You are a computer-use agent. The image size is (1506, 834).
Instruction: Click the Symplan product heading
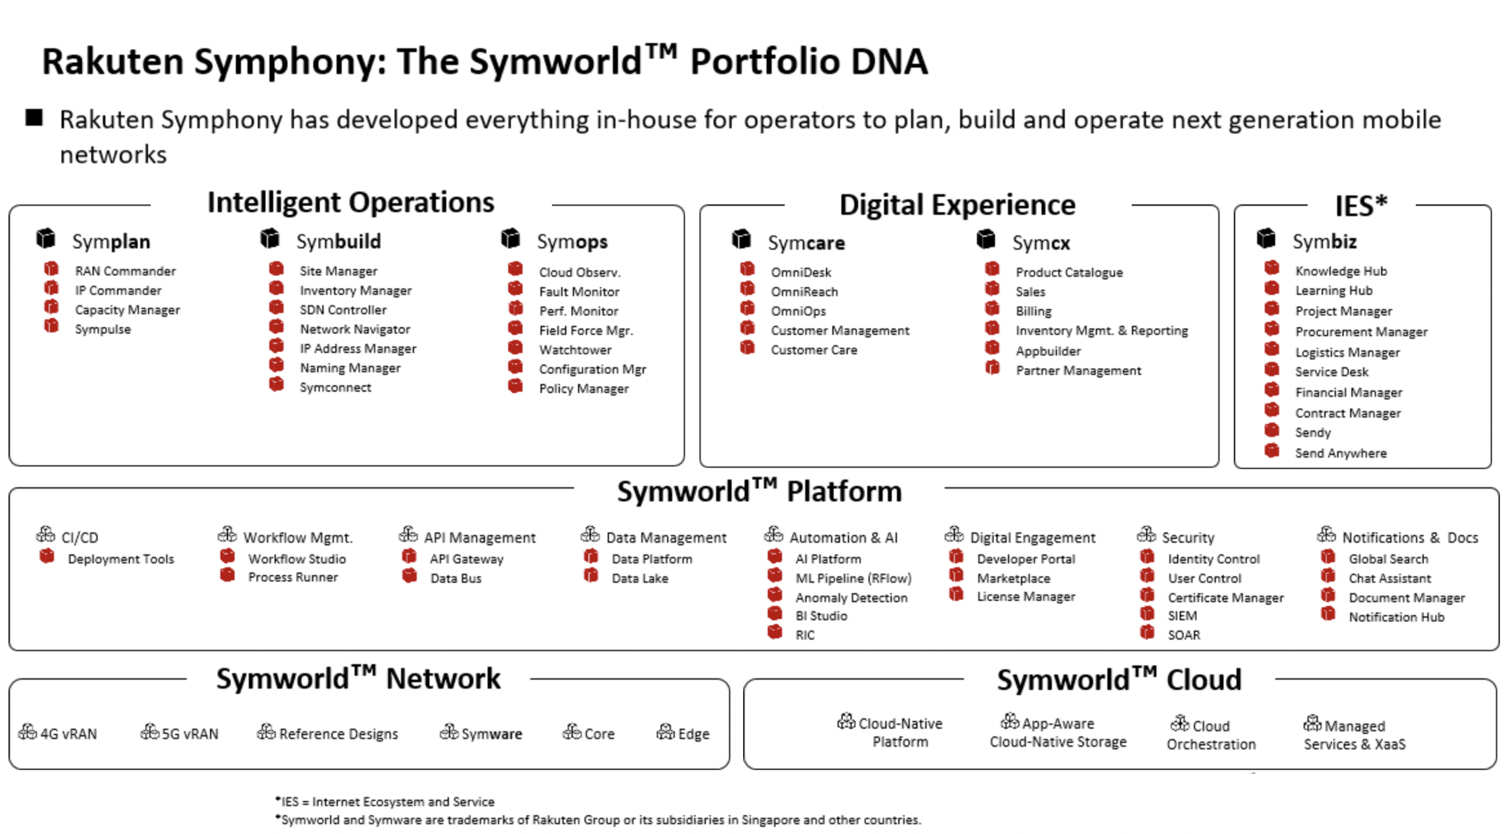[x=111, y=241]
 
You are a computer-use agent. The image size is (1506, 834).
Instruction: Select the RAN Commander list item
[x=125, y=271]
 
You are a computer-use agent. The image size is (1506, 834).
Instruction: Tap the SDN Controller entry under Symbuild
[x=342, y=310]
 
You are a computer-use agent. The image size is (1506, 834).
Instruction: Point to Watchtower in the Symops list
[x=575, y=350]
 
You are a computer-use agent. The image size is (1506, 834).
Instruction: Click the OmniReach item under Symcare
[x=804, y=291]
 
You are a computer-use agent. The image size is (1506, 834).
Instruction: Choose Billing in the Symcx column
[x=1033, y=311]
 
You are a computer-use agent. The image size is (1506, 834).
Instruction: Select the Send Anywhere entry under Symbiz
[x=1340, y=454]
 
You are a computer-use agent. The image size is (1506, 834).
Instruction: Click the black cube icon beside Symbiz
[x=1266, y=239]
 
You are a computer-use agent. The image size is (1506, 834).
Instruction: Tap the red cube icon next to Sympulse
[x=51, y=326]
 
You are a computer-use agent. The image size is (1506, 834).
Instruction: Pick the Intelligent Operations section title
[x=350, y=202]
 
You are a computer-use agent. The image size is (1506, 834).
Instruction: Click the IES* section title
[x=1361, y=206]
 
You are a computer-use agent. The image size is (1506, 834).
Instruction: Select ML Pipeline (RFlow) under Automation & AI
[x=853, y=578]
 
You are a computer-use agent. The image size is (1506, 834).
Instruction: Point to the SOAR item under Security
[x=1183, y=635]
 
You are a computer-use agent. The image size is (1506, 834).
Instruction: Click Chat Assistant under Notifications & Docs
[x=1389, y=578]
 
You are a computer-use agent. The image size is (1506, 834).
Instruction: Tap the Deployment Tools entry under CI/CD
[x=121, y=560]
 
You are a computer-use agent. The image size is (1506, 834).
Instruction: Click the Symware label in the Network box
[x=491, y=734]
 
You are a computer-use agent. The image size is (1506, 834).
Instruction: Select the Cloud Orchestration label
[x=1211, y=735]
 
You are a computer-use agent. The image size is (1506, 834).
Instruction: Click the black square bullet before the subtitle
[x=34, y=118]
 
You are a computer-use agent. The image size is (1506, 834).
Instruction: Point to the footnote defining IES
[x=385, y=802]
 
